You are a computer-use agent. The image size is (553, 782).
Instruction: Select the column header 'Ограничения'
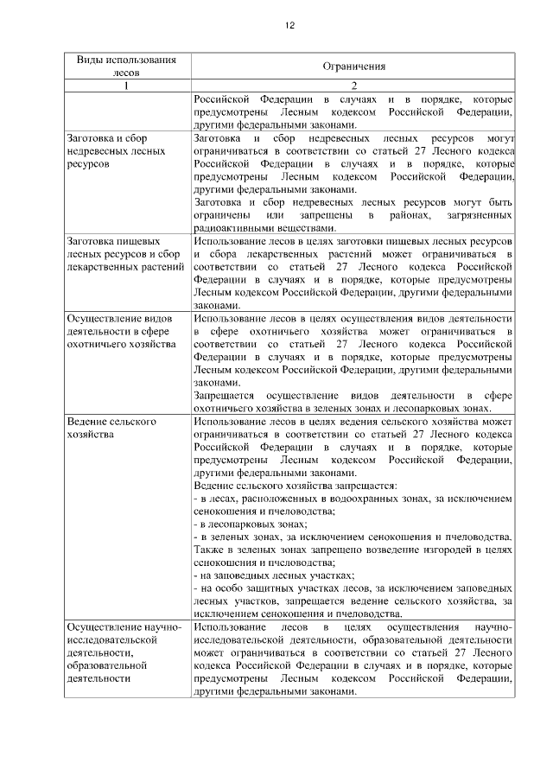coord(353,67)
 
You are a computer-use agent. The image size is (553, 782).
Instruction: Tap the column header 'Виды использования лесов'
coord(126,67)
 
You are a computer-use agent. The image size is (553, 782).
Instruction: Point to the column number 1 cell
coord(126,86)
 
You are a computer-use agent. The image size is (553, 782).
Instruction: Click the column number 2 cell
coord(353,86)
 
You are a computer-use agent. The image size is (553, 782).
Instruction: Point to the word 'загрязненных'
coord(477,215)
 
